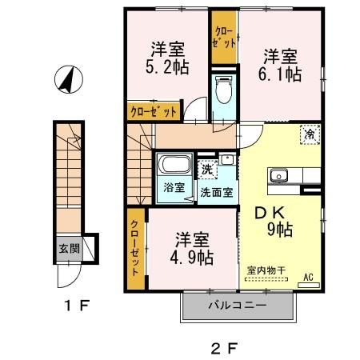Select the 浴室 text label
pyautogui.click(x=174, y=189)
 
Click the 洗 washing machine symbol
pyautogui.click(x=207, y=170)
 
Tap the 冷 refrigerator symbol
pyautogui.click(x=309, y=135)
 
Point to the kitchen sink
pyautogui.click(x=280, y=176)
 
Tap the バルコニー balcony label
pyautogui.click(x=238, y=305)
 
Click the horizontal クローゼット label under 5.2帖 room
pyautogui.click(x=153, y=112)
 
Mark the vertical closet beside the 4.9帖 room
pyautogui.click(x=134, y=247)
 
